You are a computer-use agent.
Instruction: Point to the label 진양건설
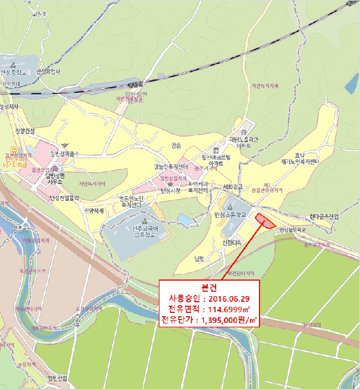[x=25, y=131]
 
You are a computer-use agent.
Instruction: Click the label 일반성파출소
[x=65, y=154]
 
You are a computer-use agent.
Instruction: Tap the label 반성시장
[x=171, y=191]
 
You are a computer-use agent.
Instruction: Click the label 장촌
[x=176, y=146]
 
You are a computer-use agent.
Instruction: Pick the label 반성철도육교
[x=293, y=228]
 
